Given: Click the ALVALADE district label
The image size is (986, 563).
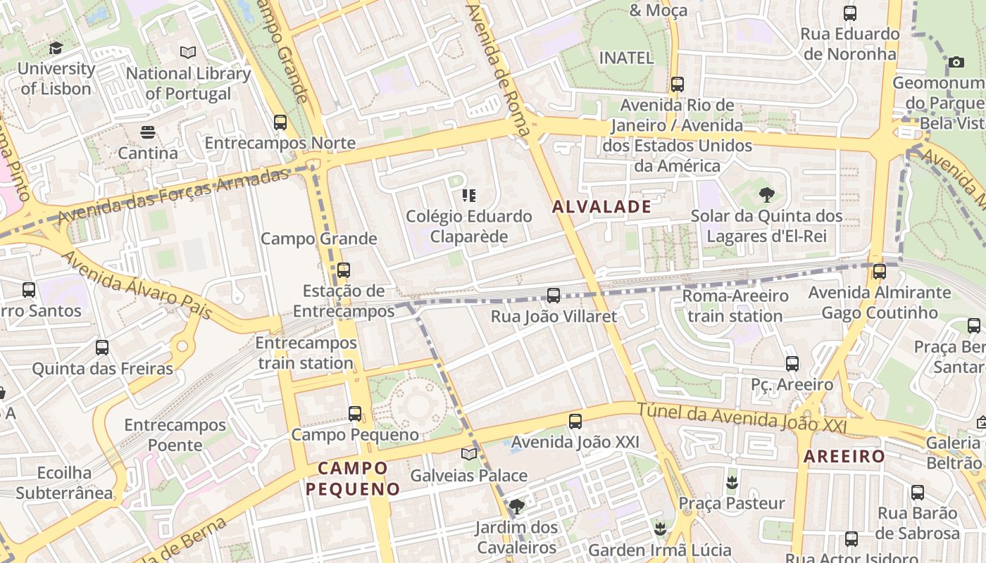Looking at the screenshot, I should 601,207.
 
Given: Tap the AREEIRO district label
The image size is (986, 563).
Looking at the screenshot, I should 844,456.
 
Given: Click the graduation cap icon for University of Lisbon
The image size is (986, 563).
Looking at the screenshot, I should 56,49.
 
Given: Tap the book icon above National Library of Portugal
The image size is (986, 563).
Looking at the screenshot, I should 187,53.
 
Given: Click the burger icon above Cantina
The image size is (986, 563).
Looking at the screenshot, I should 147,132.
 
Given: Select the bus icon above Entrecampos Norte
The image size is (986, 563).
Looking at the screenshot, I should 280,122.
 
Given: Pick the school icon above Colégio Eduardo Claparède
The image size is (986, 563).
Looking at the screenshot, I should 468,196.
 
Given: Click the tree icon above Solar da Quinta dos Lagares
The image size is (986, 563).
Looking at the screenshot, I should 766,195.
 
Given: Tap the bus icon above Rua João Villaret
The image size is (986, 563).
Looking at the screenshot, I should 554,296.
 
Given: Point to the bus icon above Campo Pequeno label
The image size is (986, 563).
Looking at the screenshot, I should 355,414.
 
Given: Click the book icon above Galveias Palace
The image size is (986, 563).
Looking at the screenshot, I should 469,455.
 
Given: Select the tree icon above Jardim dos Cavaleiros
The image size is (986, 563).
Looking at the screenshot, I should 517,506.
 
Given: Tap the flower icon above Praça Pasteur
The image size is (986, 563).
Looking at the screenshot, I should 731,483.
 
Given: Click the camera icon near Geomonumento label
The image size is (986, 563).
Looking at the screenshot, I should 956,63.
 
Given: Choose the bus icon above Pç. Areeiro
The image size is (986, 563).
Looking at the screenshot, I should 792,364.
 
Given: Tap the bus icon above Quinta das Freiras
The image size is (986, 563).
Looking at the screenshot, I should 102,348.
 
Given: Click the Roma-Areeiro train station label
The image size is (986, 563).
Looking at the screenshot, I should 735,305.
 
